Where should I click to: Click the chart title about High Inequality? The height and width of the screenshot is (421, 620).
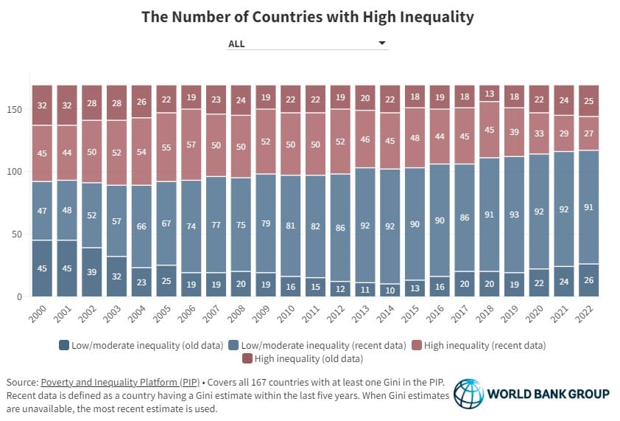(309, 17)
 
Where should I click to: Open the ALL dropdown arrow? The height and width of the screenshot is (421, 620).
(381, 44)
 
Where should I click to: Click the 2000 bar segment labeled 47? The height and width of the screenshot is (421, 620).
(42, 210)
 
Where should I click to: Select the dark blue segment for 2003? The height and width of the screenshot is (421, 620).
(116, 276)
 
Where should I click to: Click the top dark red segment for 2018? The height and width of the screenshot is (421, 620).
(489, 94)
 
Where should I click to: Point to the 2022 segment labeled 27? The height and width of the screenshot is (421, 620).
(588, 133)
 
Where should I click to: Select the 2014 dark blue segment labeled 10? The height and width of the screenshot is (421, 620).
(390, 290)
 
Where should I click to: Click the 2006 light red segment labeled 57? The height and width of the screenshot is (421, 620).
(191, 145)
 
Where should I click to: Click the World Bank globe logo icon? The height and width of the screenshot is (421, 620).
(468, 394)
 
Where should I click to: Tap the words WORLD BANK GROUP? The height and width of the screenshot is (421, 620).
(548, 394)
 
